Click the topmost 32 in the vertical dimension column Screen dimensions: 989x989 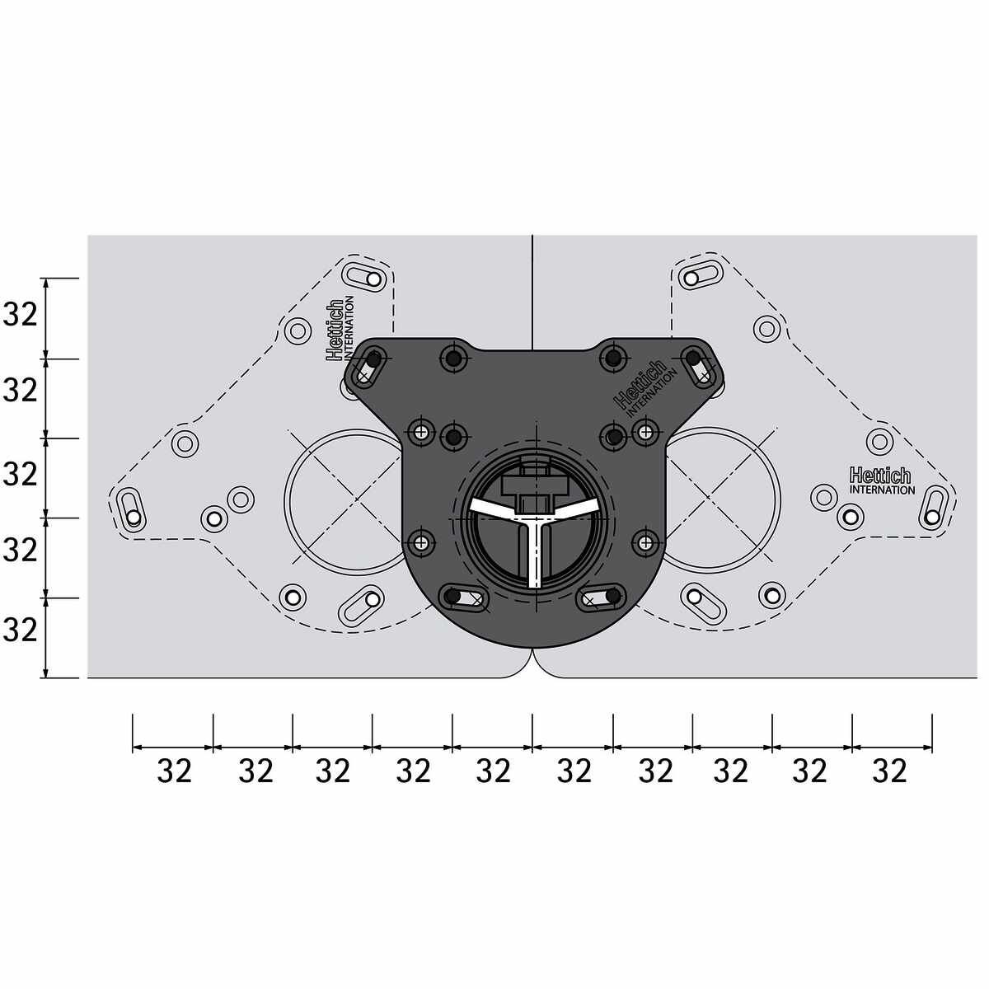(21, 315)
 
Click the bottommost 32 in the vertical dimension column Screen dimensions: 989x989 (21, 630)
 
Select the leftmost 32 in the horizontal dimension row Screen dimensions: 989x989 (175, 771)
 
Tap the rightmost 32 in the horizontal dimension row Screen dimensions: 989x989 (890, 771)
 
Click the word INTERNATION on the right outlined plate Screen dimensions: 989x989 (882, 490)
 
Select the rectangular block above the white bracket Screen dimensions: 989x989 (536, 485)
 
